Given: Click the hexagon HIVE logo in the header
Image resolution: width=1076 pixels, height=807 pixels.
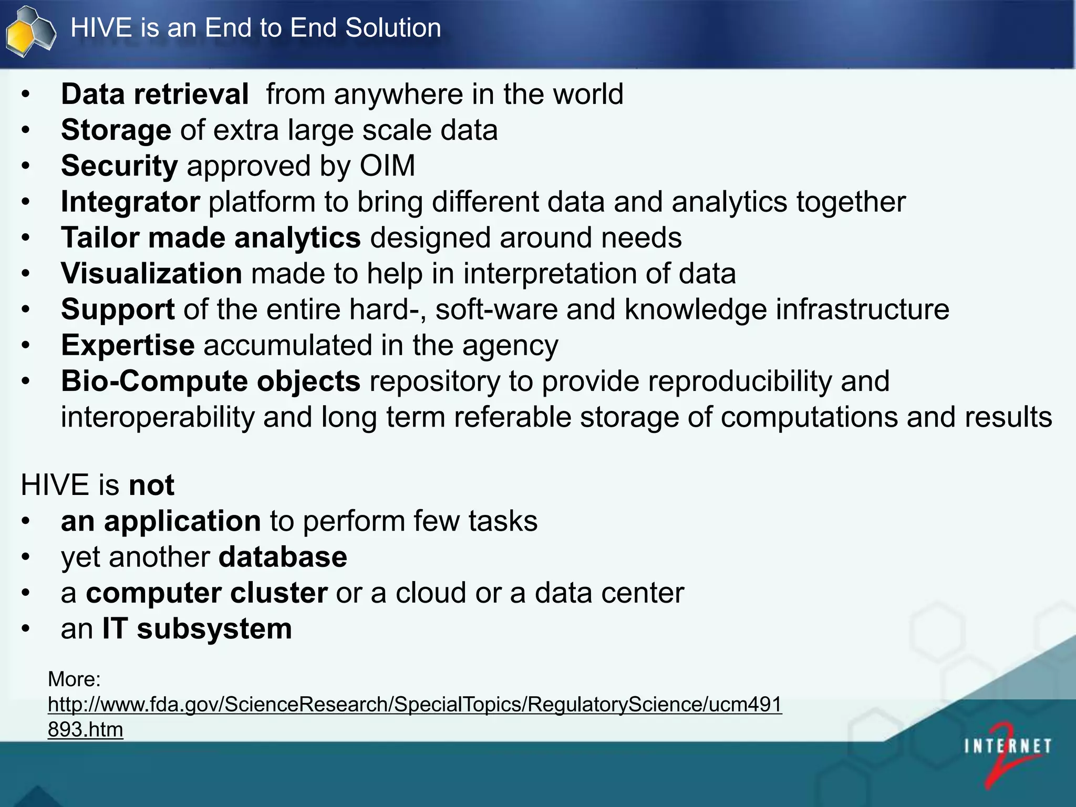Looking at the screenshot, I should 30,32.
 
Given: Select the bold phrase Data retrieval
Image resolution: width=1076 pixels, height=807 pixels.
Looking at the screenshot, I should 154,95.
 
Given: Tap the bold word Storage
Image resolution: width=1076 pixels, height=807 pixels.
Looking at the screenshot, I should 116,130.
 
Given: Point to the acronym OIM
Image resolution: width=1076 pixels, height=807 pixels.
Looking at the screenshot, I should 387,166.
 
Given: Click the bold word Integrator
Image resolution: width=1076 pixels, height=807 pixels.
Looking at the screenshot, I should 130,202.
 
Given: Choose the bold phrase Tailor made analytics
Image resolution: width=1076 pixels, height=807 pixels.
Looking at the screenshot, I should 211,237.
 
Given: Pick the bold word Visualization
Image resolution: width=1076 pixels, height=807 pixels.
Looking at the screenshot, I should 151,274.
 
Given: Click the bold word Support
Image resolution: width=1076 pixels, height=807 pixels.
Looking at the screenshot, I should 118,309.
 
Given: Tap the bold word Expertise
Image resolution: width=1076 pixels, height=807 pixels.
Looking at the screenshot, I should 128,345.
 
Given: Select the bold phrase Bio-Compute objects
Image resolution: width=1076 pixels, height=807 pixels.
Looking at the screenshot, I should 211,381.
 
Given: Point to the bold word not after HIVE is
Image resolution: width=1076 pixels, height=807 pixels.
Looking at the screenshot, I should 151,484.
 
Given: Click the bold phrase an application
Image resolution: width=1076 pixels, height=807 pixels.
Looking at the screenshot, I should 161,521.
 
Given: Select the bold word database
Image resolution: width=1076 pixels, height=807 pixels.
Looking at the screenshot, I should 283,557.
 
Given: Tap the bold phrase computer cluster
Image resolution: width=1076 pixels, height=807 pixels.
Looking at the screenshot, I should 206,593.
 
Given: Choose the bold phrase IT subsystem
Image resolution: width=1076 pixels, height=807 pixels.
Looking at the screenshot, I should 197,629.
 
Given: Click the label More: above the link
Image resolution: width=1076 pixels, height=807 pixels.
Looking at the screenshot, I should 74,679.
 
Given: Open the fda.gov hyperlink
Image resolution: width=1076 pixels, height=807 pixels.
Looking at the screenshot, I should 415,705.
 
